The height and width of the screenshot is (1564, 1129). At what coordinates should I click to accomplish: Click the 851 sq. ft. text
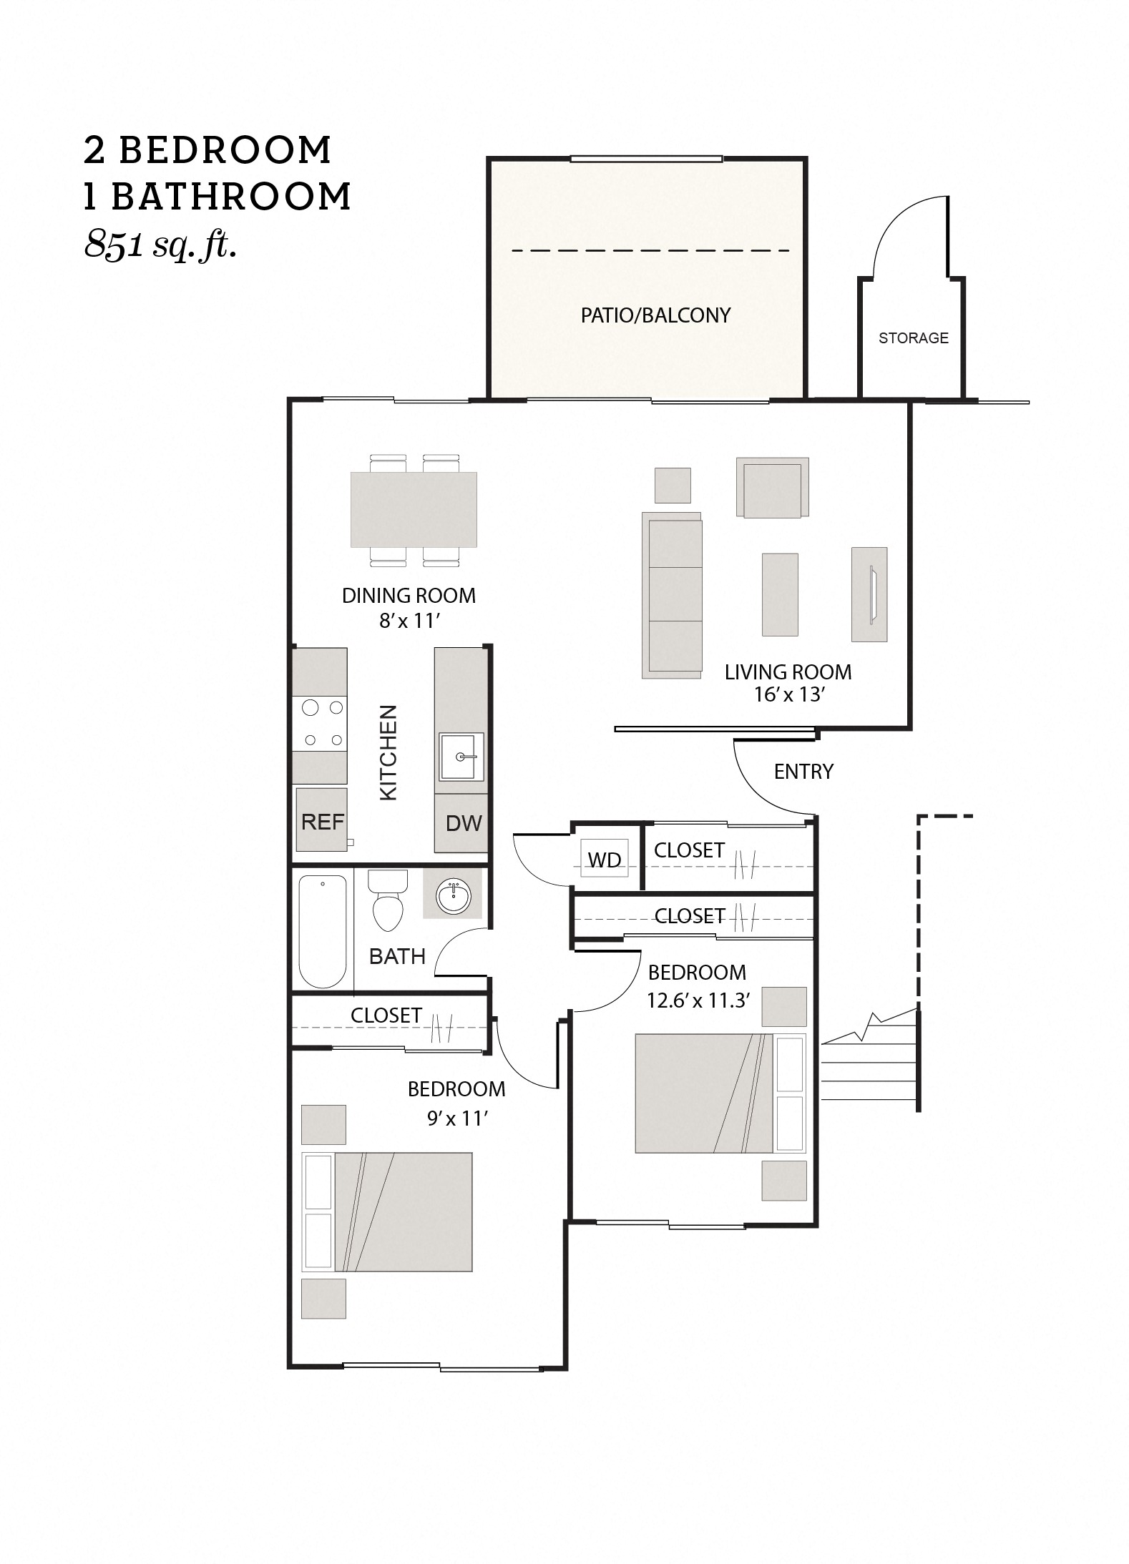click(160, 245)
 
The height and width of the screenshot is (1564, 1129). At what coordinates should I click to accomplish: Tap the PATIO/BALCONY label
click(655, 315)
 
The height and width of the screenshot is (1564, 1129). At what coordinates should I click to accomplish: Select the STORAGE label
click(913, 338)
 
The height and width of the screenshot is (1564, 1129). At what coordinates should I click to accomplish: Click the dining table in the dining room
click(414, 509)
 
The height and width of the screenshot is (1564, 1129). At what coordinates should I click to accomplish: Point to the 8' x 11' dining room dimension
click(409, 621)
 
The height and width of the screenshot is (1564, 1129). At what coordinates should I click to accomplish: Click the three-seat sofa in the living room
click(672, 595)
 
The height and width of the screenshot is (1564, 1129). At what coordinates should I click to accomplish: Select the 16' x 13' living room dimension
click(789, 694)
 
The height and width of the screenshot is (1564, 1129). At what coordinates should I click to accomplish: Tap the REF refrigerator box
click(322, 820)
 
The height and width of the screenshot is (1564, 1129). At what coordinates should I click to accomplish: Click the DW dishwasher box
click(463, 823)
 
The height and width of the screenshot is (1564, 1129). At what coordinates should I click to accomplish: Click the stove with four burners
click(320, 723)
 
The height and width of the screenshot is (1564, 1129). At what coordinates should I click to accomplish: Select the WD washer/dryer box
click(604, 860)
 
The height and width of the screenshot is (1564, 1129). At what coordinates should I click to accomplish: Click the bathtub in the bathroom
click(323, 930)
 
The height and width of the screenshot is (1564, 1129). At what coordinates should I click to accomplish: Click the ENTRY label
click(803, 771)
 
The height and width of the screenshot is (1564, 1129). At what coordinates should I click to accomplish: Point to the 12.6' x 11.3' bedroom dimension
click(698, 1000)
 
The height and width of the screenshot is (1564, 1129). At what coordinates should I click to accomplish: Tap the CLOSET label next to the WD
click(689, 850)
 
